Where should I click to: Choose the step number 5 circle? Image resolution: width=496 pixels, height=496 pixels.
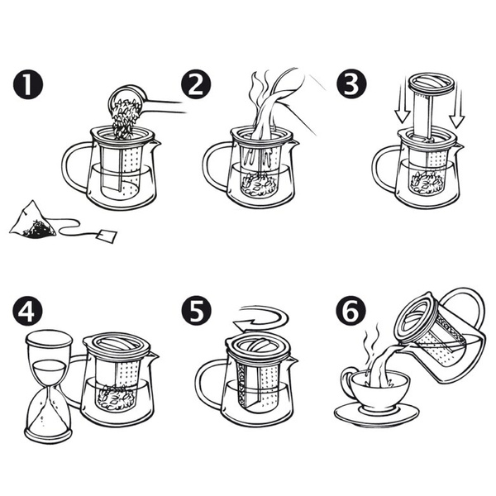tap(195, 312)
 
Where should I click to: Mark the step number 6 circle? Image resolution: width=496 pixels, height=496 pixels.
tap(351, 312)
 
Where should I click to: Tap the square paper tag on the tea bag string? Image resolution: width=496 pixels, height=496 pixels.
tap(105, 236)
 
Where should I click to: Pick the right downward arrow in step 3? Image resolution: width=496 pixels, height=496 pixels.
tap(456, 104)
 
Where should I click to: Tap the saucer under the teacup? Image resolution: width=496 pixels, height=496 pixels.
tap(376, 413)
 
